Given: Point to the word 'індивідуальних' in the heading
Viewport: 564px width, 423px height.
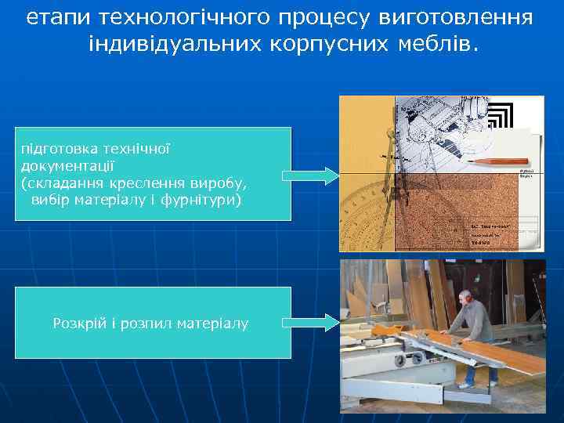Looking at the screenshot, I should tap(174, 45).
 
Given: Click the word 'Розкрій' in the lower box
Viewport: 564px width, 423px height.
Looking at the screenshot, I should tap(75, 323).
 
